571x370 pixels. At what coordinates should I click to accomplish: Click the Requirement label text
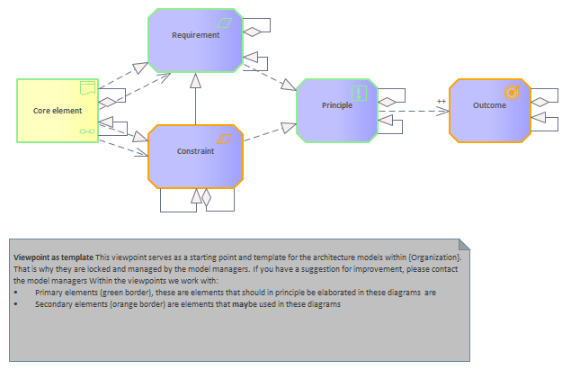point(195,35)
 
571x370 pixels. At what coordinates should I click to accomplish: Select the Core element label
point(51,111)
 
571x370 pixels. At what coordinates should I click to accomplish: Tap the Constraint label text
point(195,151)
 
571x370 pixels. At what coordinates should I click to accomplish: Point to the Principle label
point(336,105)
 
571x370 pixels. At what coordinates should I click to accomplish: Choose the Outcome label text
point(488,105)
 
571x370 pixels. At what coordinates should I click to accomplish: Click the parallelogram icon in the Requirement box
point(225,22)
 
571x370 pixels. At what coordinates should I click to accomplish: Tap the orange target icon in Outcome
point(512,92)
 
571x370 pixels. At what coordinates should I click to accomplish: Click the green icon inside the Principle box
point(359,92)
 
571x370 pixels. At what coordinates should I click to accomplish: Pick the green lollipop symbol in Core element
point(86,131)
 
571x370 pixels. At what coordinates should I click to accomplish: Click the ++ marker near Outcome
point(441,101)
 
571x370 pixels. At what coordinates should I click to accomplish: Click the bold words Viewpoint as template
point(53,258)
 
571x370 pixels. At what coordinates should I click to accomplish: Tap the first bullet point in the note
point(17,293)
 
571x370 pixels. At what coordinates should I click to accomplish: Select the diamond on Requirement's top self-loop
point(254,32)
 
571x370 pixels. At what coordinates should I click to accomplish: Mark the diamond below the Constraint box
point(206,194)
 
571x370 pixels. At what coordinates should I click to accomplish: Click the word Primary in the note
point(49,293)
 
